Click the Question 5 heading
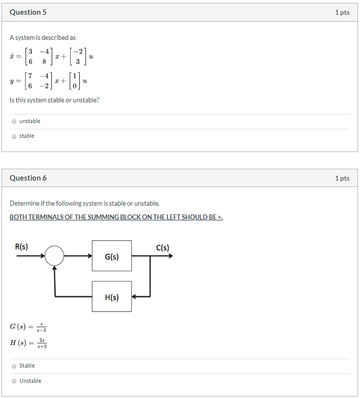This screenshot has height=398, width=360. (28, 12)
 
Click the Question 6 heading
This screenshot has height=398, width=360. (28, 178)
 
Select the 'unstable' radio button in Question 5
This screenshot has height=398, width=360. (14, 121)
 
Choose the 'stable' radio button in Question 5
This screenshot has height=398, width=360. (14, 136)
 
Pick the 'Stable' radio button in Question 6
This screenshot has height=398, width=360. (14, 366)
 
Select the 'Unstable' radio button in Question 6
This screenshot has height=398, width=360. (14, 381)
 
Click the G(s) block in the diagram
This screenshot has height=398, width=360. (112, 256)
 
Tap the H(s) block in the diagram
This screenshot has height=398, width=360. (112, 297)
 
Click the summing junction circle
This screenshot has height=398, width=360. (55, 256)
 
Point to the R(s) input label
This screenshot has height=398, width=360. (22, 247)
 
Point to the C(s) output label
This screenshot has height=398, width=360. (163, 247)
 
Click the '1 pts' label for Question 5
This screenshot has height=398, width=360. (342, 12)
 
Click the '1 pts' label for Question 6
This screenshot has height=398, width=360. (342, 178)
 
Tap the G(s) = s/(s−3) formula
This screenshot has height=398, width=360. (28, 326)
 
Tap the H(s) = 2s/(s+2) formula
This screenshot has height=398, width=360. (29, 343)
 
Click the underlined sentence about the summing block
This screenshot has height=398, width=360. (116, 217)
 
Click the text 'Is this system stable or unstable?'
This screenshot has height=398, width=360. (54, 100)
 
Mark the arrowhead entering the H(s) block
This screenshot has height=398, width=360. (135, 297)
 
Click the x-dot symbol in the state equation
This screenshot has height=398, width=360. (12, 57)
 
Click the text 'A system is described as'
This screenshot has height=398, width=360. (43, 38)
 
